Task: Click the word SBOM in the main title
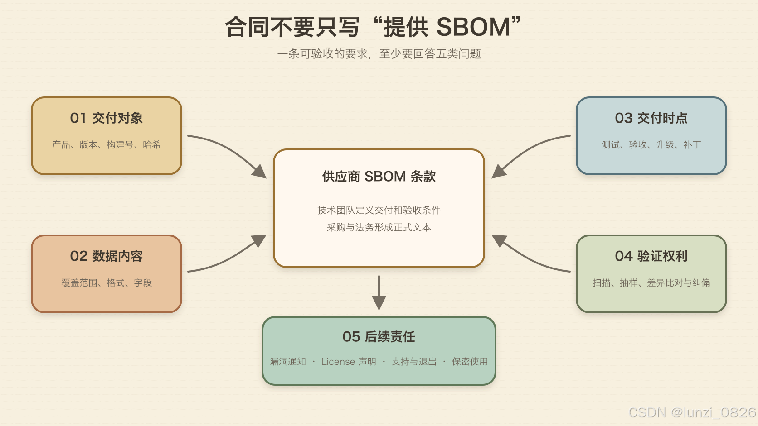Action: [x=473, y=27]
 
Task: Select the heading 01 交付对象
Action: [x=106, y=118]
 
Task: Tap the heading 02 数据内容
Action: [x=106, y=256]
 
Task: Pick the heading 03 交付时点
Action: [x=651, y=118]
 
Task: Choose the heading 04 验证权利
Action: [x=651, y=256]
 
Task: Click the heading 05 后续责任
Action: [x=379, y=336]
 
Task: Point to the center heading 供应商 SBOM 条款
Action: [x=379, y=177]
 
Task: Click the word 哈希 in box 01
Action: [x=151, y=144]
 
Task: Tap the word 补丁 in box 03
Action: [x=692, y=144]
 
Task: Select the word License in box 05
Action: [x=338, y=361]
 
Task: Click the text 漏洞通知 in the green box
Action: [x=288, y=361]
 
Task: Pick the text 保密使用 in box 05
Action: [x=470, y=361]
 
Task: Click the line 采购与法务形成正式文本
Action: [x=379, y=227]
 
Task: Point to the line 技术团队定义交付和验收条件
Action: [x=379, y=210]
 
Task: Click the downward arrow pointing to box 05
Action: [x=379, y=292]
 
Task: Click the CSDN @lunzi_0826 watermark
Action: [x=692, y=412]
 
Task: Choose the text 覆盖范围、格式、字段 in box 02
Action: [x=106, y=283]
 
